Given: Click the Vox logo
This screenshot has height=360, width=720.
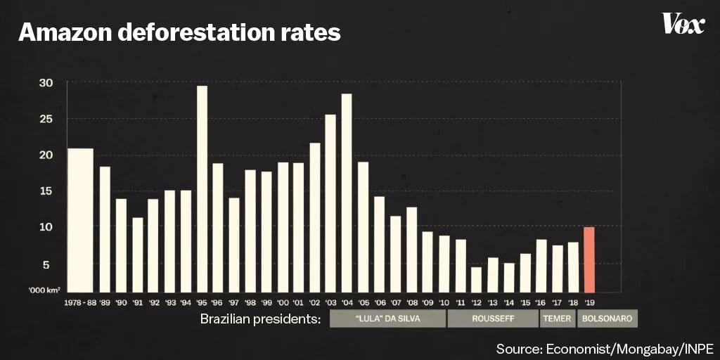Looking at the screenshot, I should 683,25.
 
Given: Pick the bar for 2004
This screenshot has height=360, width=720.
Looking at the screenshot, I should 347,193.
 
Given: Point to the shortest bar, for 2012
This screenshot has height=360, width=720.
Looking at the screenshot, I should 476,279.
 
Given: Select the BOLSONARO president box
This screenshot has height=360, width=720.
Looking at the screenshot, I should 607,319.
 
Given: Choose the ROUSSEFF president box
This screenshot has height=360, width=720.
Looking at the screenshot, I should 492,319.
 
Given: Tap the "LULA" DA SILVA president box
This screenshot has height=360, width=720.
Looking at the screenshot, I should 387,319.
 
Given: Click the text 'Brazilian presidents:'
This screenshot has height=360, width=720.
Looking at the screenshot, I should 260,319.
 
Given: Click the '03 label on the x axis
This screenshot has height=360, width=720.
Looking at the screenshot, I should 330,302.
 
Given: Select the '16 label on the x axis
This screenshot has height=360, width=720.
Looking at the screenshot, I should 541,302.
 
